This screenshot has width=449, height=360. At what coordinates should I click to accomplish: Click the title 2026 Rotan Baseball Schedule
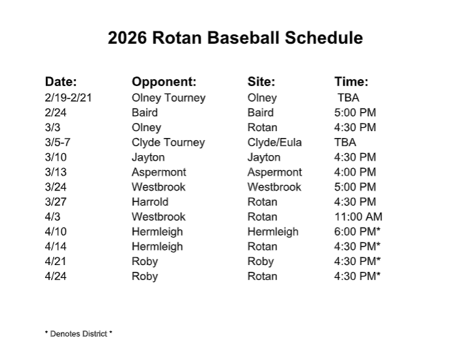(x=235, y=38)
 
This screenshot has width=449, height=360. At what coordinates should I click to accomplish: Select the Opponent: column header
(x=164, y=81)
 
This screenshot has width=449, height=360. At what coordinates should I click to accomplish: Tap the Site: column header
(x=261, y=81)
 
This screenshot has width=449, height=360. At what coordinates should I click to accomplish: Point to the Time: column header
(x=351, y=81)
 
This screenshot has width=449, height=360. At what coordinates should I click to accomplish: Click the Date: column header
(x=61, y=81)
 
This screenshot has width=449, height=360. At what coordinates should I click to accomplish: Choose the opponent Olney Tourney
(x=168, y=98)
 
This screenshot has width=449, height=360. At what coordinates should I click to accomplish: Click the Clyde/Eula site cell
(x=274, y=143)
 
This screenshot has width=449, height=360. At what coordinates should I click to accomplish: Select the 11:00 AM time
(x=358, y=217)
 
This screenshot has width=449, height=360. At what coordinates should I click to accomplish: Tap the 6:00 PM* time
(x=357, y=232)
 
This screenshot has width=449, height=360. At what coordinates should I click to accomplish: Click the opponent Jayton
(x=148, y=157)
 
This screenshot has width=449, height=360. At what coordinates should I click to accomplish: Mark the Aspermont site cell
(x=274, y=172)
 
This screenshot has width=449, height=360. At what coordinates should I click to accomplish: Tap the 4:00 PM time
(x=355, y=172)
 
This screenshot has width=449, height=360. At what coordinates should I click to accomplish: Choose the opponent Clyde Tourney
(x=168, y=143)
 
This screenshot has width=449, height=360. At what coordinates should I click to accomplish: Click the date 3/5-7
(x=58, y=143)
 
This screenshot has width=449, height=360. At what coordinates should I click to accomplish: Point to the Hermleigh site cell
(x=273, y=232)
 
